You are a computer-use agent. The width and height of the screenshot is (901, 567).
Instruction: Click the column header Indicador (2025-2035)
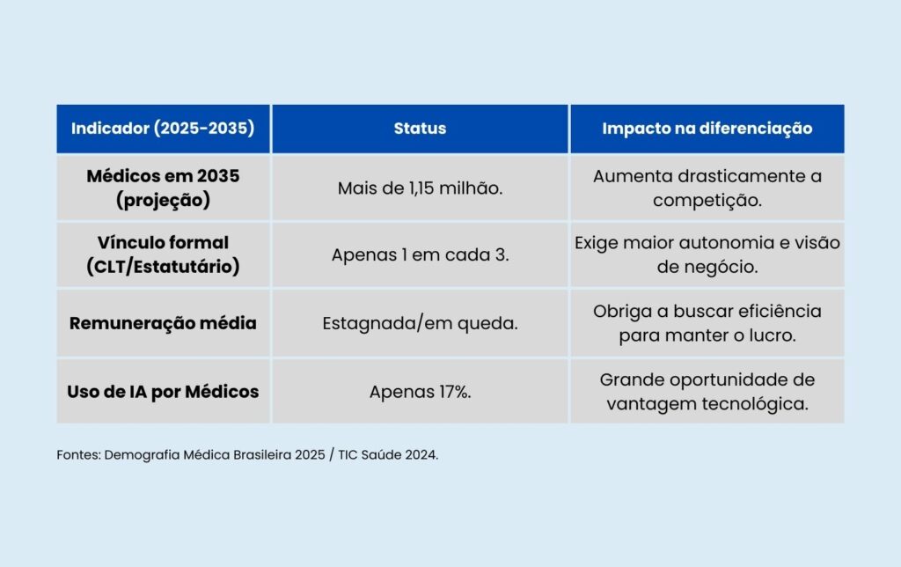pyautogui.click(x=163, y=129)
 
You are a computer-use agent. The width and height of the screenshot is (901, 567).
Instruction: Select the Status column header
pyautogui.click(x=420, y=129)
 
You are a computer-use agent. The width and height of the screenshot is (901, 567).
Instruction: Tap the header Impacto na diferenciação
pyautogui.click(x=707, y=129)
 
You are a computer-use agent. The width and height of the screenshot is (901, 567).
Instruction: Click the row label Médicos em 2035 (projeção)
pyautogui.click(x=163, y=188)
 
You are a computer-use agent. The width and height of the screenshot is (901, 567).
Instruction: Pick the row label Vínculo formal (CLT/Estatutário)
pyautogui.click(x=163, y=254)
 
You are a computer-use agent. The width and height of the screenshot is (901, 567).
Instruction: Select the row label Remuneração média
pyautogui.click(x=163, y=323)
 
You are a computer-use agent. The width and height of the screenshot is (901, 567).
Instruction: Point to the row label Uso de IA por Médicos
pyautogui.click(x=163, y=392)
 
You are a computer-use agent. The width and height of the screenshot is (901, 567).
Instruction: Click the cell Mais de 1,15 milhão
pyautogui.click(x=420, y=188)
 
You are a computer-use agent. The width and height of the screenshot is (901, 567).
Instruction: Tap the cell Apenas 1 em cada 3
pyautogui.click(x=420, y=255)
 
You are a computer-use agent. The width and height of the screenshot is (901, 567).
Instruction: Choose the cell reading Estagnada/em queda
pyautogui.click(x=420, y=323)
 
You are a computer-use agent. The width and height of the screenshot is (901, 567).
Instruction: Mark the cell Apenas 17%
pyautogui.click(x=420, y=392)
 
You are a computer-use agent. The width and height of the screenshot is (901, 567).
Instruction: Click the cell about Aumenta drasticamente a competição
pyautogui.click(x=707, y=188)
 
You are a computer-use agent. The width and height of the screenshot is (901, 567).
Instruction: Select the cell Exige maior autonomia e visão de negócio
pyautogui.click(x=707, y=254)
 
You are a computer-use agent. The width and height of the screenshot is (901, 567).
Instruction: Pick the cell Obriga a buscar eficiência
pyautogui.click(x=707, y=323)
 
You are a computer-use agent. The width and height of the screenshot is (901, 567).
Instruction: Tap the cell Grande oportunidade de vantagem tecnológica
pyautogui.click(x=707, y=392)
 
